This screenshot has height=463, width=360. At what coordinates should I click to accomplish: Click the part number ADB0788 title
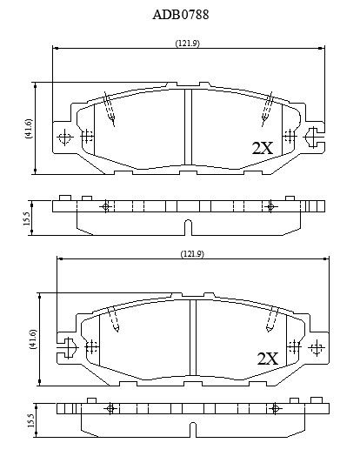[181, 15]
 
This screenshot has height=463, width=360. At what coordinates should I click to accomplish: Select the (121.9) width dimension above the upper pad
[187, 44]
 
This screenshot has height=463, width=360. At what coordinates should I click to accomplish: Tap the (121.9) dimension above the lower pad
[192, 253]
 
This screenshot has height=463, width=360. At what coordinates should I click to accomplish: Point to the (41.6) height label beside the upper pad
[29, 129]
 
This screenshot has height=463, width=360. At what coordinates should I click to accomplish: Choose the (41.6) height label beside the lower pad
[32, 339]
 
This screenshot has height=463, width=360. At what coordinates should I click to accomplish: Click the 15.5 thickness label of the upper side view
[26, 218]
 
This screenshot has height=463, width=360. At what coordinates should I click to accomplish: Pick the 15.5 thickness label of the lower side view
[30, 420]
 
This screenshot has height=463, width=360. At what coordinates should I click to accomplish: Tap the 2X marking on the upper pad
[263, 148]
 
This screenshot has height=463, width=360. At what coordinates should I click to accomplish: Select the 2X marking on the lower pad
[268, 359]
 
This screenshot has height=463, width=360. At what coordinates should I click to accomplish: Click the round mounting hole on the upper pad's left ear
[64, 138]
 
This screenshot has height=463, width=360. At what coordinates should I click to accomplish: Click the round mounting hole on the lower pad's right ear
[317, 348]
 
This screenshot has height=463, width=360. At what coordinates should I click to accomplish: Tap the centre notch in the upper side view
[188, 227]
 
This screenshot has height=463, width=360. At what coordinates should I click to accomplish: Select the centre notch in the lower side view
[192, 430]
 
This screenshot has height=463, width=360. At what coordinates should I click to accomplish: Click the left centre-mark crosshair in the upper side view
[106, 206]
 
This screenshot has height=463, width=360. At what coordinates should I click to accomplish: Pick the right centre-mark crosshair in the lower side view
[275, 409]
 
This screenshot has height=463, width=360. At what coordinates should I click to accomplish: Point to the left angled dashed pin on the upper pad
[109, 109]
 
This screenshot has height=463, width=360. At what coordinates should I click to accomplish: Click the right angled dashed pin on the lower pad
[272, 319]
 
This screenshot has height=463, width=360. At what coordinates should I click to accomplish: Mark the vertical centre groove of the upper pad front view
[188, 127]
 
